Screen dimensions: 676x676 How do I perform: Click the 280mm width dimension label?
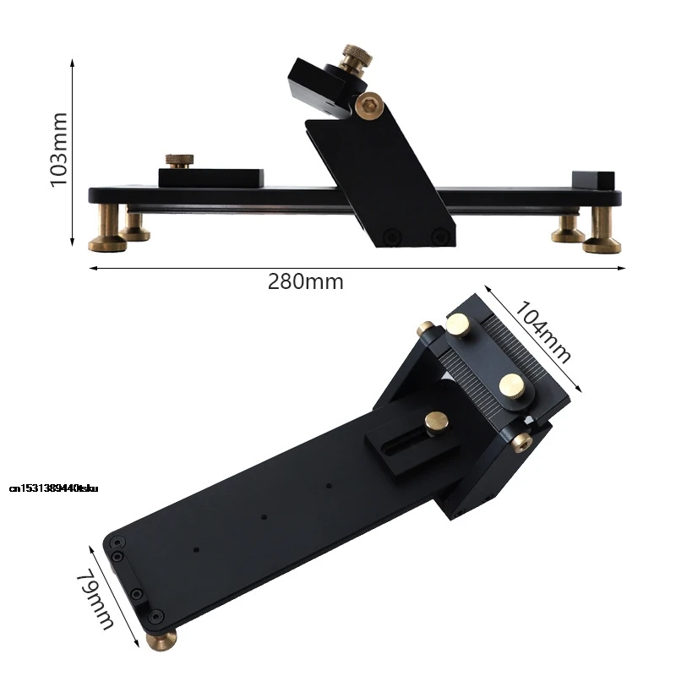(x=306, y=282)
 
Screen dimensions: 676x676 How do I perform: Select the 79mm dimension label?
(x=95, y=598)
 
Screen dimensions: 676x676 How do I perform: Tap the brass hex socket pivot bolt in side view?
(x=368, y=106)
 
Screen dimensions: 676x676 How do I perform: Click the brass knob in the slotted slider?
(x=437, y=422)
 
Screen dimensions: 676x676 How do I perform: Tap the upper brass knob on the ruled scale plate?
(x=460, y=324)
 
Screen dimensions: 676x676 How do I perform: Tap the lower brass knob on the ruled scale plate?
(x=513, y=385)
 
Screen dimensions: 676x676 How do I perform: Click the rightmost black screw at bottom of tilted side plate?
(x=437, y=236)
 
